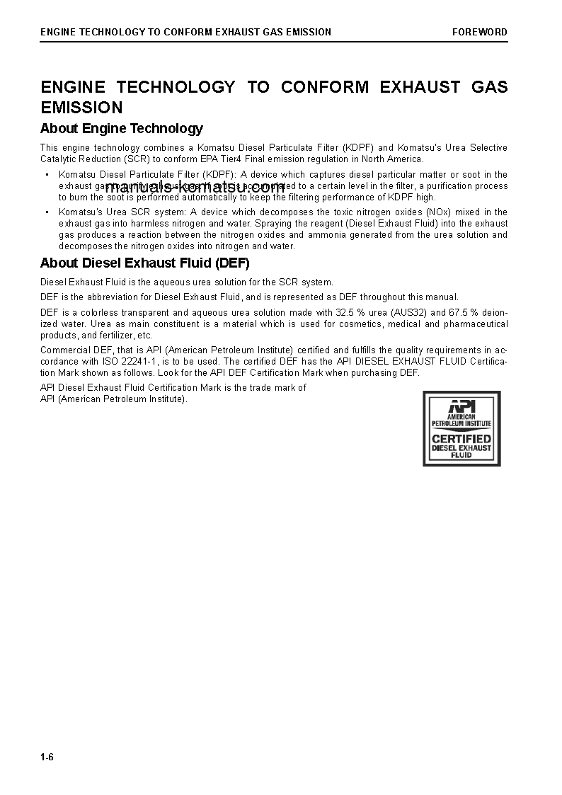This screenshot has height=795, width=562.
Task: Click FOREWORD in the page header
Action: click(x=480, y=32)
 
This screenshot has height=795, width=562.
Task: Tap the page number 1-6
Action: click(x=47, y=758)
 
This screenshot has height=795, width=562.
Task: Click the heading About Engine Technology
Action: click(x=121, y=129)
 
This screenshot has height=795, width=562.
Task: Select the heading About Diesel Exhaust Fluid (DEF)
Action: click(x=144, y=263)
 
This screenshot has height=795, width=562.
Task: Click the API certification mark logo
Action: click(x=461, y=428)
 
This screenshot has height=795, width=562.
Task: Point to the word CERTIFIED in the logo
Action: click(x=461, y=438)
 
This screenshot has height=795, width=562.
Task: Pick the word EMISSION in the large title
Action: click(x=81, y=108)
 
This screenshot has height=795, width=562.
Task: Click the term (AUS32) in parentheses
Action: click(x=409, y=312)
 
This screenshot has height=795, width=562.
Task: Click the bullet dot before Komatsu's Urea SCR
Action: click(x=47, y=212)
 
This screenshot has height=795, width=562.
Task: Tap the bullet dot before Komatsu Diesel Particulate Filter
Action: click(x=47, y=175)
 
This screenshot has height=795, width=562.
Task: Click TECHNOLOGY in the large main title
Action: click(x=176, y=87)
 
